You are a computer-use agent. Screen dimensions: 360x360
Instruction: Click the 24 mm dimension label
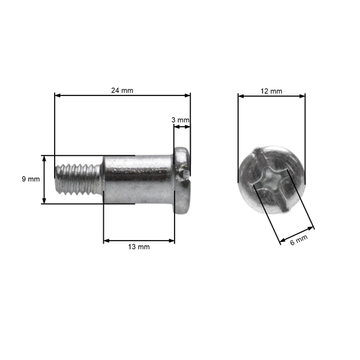coord(122,90)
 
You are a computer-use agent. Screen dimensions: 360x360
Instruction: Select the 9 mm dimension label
coord(30,179)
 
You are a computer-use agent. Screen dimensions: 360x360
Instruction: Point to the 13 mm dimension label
coord(139,247)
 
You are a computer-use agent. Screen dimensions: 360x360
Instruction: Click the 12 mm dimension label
coord(271,91)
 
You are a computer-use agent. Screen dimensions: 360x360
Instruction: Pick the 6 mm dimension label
coord(298,239)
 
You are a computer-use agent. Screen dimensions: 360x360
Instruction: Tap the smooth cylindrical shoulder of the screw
coord(137,179)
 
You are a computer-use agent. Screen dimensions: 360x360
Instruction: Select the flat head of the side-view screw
coord(182,179)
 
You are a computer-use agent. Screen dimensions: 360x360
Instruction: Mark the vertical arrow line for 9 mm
coord(44,179)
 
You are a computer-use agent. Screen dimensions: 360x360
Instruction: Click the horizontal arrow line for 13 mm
coord(139,241)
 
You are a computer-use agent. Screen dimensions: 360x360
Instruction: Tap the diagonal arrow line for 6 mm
coord(297,234)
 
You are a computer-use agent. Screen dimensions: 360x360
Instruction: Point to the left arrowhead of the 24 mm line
coord(57,95)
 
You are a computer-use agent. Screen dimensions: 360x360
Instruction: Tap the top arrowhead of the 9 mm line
coord(44,157)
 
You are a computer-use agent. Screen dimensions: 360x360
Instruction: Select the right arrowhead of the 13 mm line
coord(172,241)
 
